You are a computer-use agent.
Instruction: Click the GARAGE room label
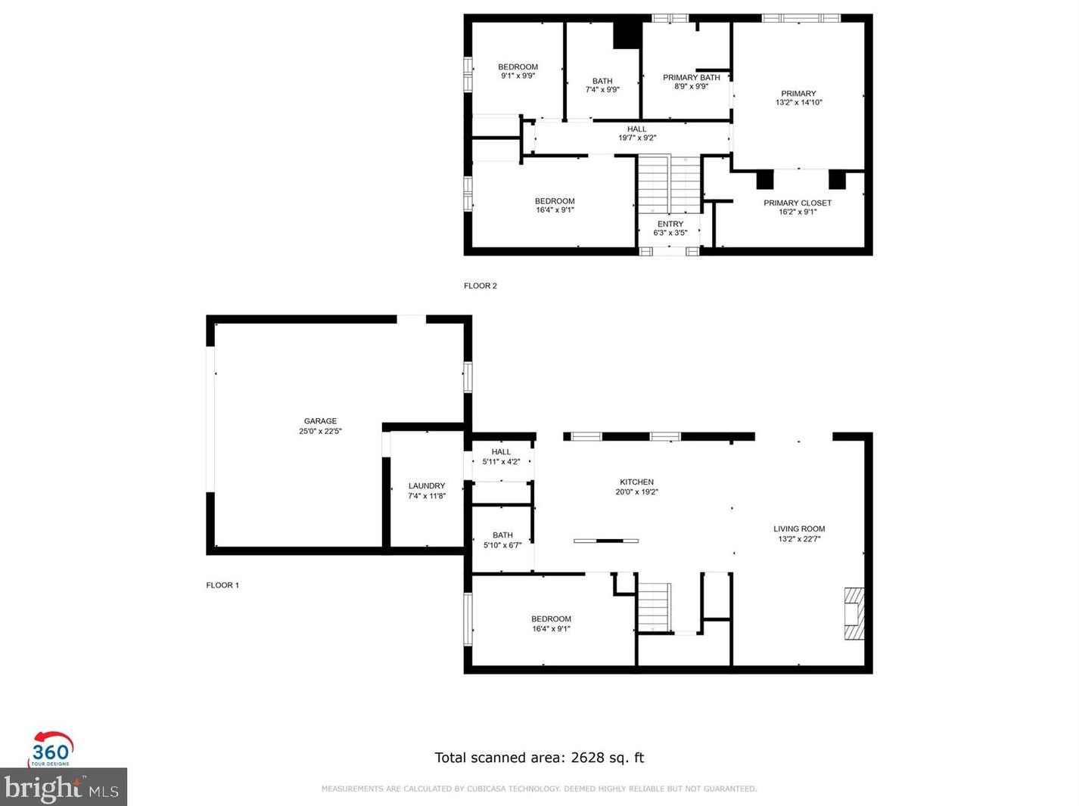(x=320, y=421)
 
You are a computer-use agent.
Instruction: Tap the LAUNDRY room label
(x=426, y=485)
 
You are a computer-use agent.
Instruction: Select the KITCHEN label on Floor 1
(x=636, y=482)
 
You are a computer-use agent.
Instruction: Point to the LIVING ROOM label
(x=799, y=529)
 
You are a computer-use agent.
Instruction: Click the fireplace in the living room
(x=854, y=613)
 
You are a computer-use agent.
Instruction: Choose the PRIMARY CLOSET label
(x=797, y=203)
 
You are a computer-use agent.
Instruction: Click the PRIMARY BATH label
(x=691, y=78)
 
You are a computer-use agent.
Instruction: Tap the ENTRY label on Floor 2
(x=670, y=224)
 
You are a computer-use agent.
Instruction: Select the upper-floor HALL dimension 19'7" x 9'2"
(x=636, y=138)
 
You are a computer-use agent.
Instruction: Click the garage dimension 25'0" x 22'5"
(x=320, y=431)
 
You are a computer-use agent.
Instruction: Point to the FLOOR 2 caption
(x=480, y=286)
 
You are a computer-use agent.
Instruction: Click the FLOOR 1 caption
(x=222, y=585)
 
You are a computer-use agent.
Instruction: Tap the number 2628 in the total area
(x=587, y=757)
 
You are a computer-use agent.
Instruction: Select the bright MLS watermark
(x=63, y=786)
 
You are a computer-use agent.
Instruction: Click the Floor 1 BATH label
(x=502, y=535)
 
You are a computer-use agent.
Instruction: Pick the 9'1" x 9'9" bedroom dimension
(x=518, y=76)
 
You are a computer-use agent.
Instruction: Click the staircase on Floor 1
(x=655, y=607)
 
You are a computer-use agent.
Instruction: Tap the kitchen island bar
(x=606, y=541)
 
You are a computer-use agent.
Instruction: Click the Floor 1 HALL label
(x=501, y=452)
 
